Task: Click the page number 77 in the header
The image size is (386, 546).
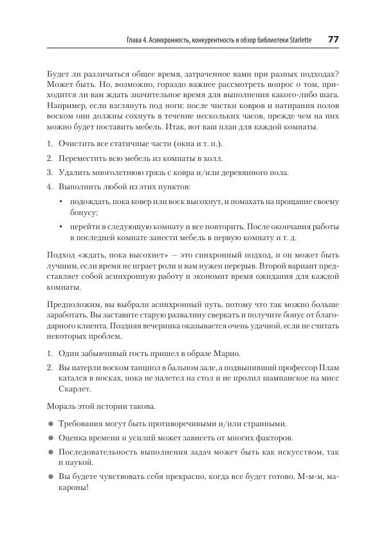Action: pos(333,39)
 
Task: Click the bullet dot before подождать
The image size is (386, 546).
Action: pos(60,202)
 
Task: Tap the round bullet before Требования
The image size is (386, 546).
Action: pos(50,424)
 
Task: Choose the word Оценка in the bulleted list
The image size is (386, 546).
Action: pos(75,438)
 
